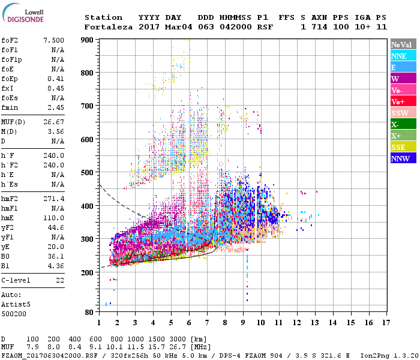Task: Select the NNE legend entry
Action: pyautogui.click(x=403, y=56)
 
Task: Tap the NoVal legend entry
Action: pyautogui.click(x=403, y=44)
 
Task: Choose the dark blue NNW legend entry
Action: pyautogui.click(x=403, y=158)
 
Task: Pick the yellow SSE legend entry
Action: pyautogui.click(x=403, y=147)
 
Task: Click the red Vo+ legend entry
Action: pyautogui.click(x=403, y=101)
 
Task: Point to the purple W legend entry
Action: pyautogui.click(x=403, y=79)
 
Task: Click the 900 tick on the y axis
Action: pyautogui.click(x=89, y=40)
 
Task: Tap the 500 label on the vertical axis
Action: pyautogui.click(x=89, y=173)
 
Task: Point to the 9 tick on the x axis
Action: pyautogui.click(x=242, y=323)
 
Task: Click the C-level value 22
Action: pyautogui.click(x=60, y=280)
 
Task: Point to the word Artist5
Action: pyautogui.click(x=17, y=304)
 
